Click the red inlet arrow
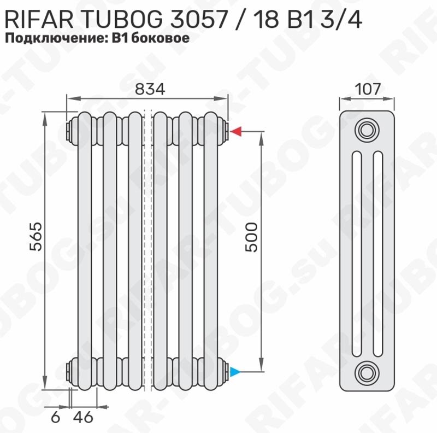(x=237, y=131)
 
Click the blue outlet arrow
(x=235, y=372)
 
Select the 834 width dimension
(x=150, y=89)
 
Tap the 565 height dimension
(x=36, y=236)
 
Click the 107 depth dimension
(x=368, y=89)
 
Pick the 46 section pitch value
(x=83, y=417)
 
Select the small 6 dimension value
(x=56, y=417)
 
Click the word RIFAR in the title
(x=39, y=20)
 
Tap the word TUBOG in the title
(x=123, y=20)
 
